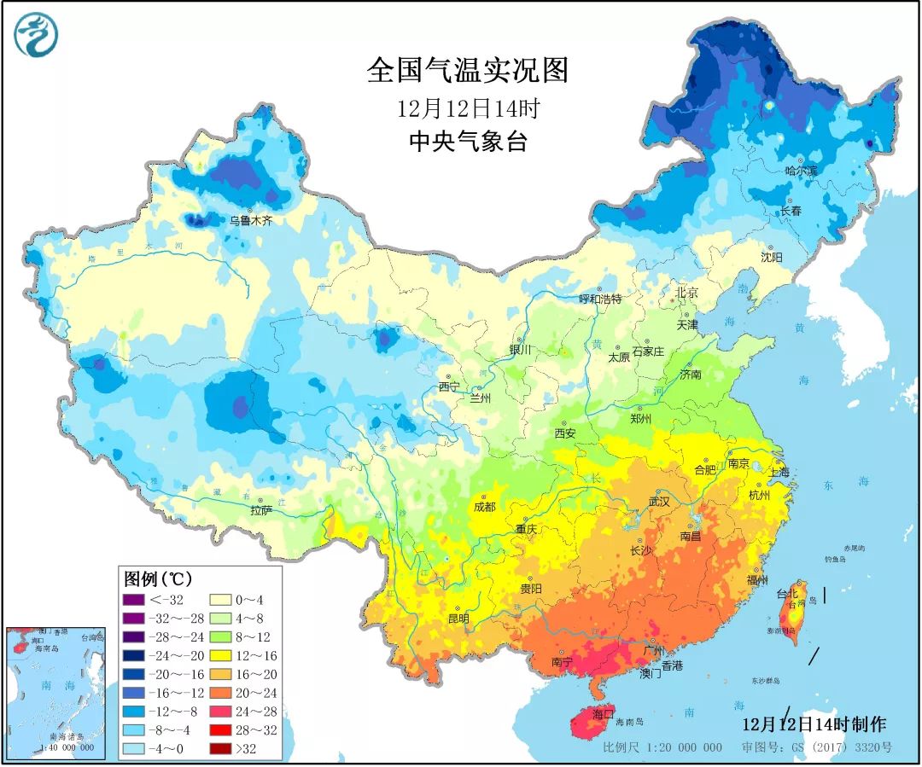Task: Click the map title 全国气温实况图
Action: pos(467,71)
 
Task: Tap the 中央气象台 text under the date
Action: pos(467,141)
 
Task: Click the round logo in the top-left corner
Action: pos(36,34)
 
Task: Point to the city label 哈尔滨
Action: pos(801,171)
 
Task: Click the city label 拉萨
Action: pos(261,511)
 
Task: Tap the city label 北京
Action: pos(687,293)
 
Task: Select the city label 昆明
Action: pos(458,617)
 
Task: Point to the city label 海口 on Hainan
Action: pos(604,713)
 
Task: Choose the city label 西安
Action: pos(564,433)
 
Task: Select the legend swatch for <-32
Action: pos(132,600)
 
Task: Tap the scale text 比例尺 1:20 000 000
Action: pos(662,747)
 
